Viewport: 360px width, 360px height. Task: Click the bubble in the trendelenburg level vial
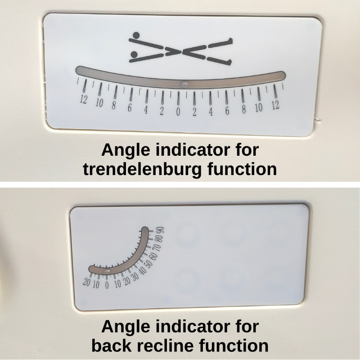(184, 85)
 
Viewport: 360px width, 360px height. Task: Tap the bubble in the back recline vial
(107, 272)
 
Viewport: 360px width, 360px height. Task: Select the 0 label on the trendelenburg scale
(178, 112)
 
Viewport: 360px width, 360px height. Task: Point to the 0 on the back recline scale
(107, 285)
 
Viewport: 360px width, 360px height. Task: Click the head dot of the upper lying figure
(136, 35)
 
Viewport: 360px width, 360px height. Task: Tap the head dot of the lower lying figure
(134, 54)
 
